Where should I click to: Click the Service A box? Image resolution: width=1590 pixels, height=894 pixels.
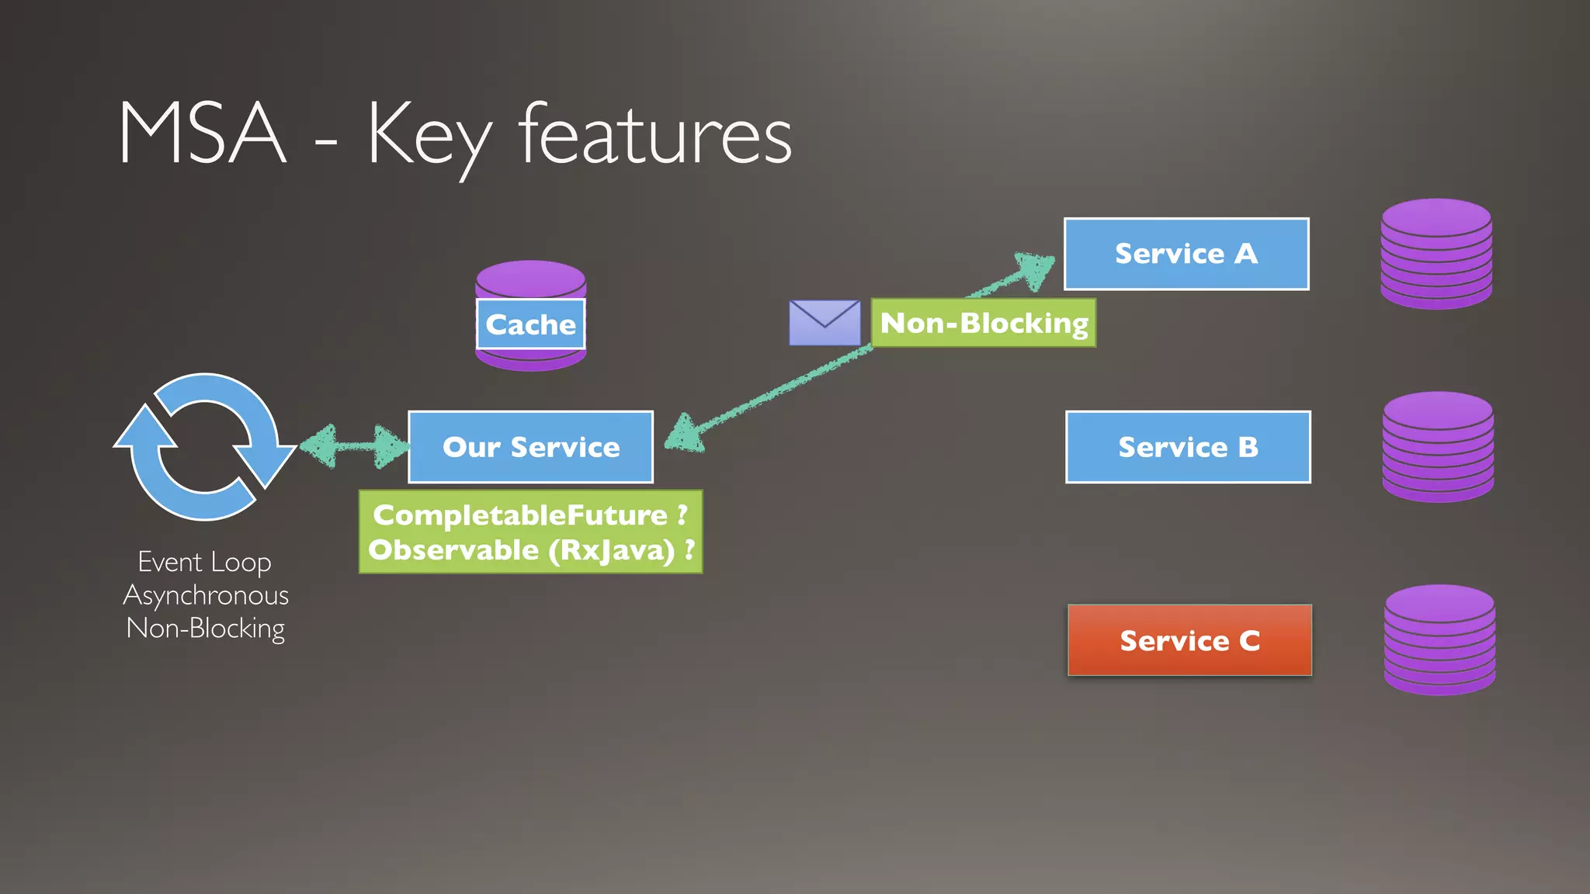[1186, 254]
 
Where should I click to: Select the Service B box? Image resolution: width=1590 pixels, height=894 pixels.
[1188, 447]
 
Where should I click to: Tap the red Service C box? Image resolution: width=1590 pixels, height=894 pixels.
[1189, 640]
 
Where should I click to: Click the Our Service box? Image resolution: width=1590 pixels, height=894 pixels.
[530, 447]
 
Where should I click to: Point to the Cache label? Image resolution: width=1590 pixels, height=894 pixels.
[530, 324]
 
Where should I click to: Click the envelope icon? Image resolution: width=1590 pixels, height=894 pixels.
[825, 323]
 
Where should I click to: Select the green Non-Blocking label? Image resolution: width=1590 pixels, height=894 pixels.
[984, 323]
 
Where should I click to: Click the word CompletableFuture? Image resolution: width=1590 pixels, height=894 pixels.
[520, 515]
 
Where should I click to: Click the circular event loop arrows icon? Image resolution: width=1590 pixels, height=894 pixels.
[205, 447]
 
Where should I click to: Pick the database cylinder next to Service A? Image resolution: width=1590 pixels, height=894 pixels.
[1436, 254]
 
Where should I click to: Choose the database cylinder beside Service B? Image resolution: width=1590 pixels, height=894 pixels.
[1438, 447]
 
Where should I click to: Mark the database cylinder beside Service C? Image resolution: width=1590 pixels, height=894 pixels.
[1439, 640]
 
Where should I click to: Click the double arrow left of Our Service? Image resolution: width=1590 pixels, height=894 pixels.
[354, 446]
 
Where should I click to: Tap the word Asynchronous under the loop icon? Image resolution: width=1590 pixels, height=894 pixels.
[206, 595]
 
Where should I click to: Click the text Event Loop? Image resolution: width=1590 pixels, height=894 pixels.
[205, 562]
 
